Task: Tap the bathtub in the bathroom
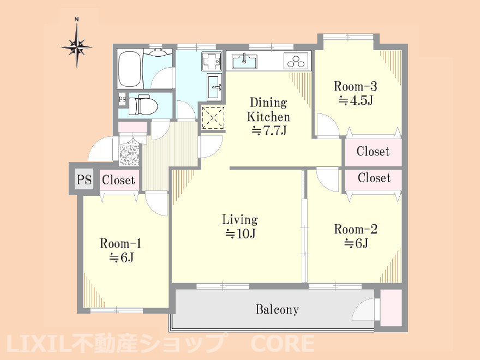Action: click(x=130, y=68)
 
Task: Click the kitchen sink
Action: click(x=244, y=61)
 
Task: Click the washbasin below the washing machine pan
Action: click(x=214, y=87)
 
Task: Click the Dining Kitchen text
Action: click(x=268, y=110)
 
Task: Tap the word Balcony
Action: click(x=277, y=309)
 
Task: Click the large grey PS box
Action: click(x=84, y=179)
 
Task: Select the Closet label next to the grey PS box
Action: click(x=118, y=180)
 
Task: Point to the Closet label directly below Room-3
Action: click(x=373, y=151)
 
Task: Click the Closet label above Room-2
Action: click(x=374, y=178)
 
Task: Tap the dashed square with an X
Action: click(x=213, y=118)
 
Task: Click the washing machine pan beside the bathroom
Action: click(x=212, y=61)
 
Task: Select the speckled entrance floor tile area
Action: click(x=129, y=151)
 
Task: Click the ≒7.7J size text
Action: click(x=269, y=131)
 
